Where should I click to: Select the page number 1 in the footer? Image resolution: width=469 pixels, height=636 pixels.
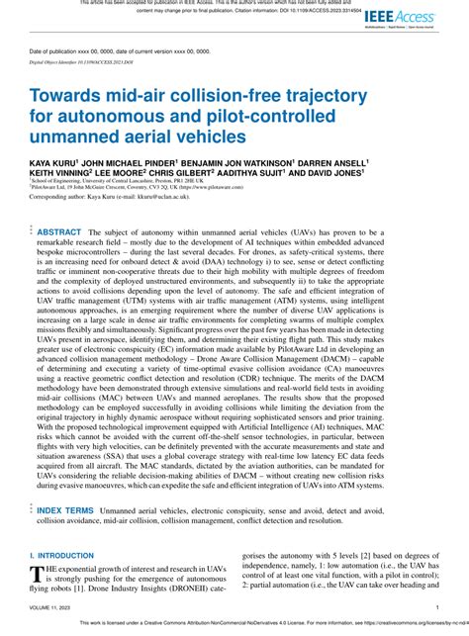click(x=436, y=609)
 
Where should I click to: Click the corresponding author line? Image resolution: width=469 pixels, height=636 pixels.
click(x=123, y=198)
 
